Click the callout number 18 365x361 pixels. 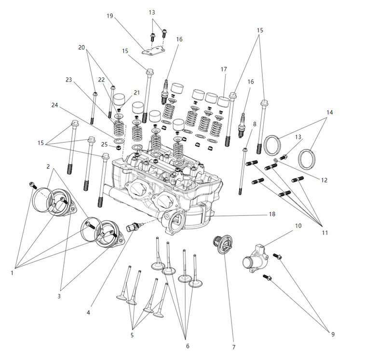click(273, 214)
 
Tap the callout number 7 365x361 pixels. click(233, 347)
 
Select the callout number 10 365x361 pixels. click(298, 226)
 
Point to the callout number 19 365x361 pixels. click(109, 16)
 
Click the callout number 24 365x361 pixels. click(54, 105)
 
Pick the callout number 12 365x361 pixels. click(324, 180)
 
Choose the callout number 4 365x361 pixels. click(89, 312)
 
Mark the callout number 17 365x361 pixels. click(224, 69)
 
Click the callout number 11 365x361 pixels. click(325, 232)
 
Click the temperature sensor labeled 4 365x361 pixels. click(132, 227)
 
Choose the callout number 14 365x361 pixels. click(330, 112)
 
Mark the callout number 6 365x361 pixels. click(188, 346)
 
